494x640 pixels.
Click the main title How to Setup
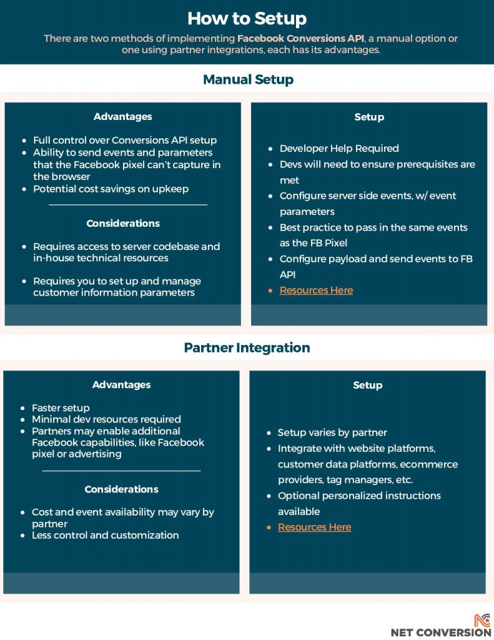pyautogui.click(x=247, y=17)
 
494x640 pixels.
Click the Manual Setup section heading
pyautogui.click(x=248, y=79)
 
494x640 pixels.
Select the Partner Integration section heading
pyautogui.click(x=247, y=347)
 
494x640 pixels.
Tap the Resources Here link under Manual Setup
pyautogui.click(x=316, y=290)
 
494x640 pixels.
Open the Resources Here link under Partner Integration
pyautogui.click(x=314, y=527)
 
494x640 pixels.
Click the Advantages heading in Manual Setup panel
pyautogui.click(x=122, y=116)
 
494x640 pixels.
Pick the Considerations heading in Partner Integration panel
pyautogui.click(x=121, y=489)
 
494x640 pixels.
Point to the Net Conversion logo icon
pyautogui.click(x=482, y=620)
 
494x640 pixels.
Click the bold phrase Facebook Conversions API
pyautogui.click(x=300, y=38)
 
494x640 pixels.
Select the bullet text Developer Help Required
pyautogui.click(x=338, y=148)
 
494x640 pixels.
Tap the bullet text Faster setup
pyautogui.click(x=61, y=407)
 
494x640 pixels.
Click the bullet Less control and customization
pyautogui.click(x=105, y=535)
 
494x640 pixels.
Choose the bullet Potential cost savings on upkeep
pyautogui.click(x=111, y=188)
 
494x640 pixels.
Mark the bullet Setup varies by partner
pyautogui.click(x=332, y=432)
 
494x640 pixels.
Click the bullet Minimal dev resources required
pyautogui.click(x=106, y=419)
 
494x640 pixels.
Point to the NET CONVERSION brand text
pyautogui.click(x=441, y=632)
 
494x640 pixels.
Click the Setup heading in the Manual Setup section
pyautogui.click(x=368, y=117)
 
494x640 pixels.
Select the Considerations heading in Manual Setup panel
pyautogui.click(x=122, y=223)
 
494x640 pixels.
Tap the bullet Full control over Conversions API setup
pyautogui.click(x=125, y=140)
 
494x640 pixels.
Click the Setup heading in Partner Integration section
pyautogui.click(x=367, y=385)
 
